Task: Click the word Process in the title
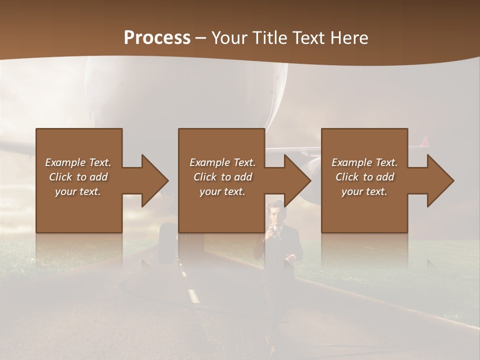point(157,38)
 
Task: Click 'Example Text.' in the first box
point(78,162)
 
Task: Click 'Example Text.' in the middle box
point(222,162)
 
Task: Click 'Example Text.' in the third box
point(364,162)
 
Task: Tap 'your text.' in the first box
point(78,191)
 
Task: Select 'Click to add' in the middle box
point(222,177)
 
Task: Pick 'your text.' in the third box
point(364,191)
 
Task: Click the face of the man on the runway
point(275,213)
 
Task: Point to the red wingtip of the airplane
point(424,141)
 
